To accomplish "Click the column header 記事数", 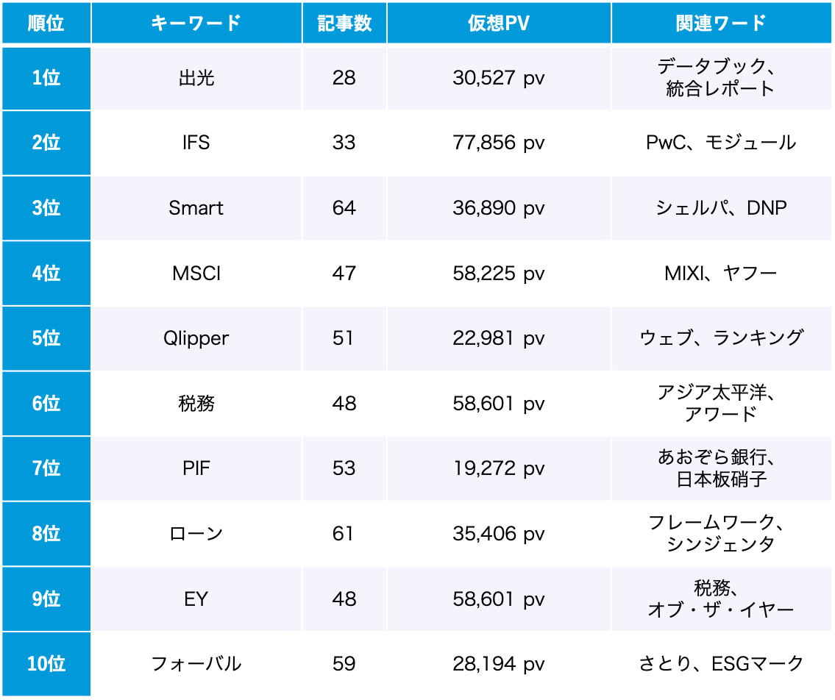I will point(344,23).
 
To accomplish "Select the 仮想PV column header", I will point(499,23).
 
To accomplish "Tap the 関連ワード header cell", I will point(721,23).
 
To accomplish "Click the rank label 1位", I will point(46,78).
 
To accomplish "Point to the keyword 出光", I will point(196,78).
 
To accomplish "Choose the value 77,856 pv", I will point(499,143).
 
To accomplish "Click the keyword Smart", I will point(196,208).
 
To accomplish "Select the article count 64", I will point(344,208).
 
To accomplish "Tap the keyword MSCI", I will point(196,273).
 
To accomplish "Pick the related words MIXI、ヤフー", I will point(721,273).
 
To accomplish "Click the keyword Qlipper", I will point(196,338).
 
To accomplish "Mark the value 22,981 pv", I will point(499,338).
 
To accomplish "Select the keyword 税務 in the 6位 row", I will point(196,403).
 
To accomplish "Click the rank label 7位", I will point(46,468).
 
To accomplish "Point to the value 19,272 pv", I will point(499,468).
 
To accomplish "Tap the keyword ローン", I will point(196,533).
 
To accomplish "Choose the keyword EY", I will point(196,599).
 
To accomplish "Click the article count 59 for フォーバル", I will point(344,664).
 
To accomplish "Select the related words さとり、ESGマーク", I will point(721,664).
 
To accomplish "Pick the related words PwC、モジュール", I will point(721,143).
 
